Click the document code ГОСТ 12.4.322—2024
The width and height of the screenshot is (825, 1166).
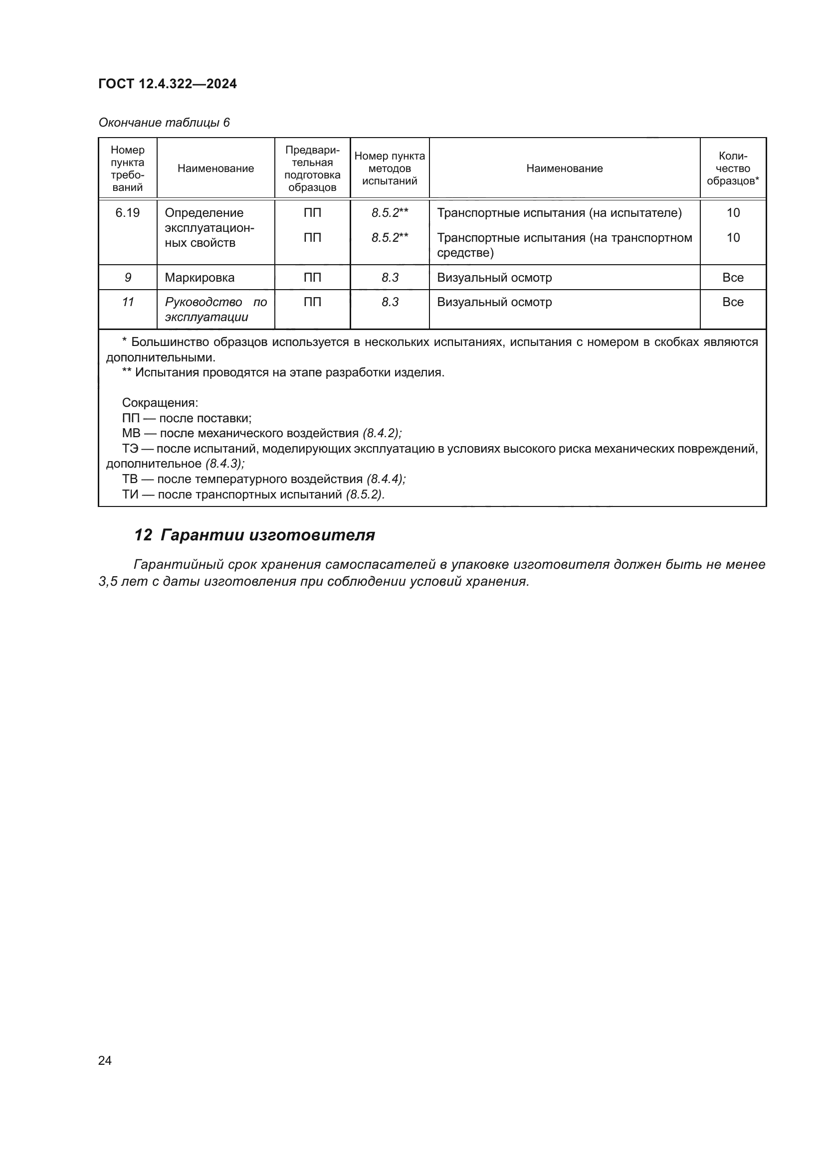click(167, 84)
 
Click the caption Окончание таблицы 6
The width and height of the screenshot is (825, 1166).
click(164, 123)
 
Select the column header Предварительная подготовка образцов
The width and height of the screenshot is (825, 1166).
click(312, 168)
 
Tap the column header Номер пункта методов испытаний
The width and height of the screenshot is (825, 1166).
click(389, 168)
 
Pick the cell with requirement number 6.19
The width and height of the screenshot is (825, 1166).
click(128, 213)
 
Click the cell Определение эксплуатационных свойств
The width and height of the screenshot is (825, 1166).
click(209, 227)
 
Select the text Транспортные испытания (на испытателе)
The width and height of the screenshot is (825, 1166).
click(559, 213)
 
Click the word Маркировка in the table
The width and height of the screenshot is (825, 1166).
click(199, 278)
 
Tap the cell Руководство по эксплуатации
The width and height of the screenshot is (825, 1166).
click(215, 309)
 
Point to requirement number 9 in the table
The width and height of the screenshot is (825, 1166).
click(128, 278)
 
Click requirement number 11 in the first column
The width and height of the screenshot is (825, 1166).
click(128, 302)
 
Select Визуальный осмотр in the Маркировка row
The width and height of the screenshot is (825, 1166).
click(494, 278)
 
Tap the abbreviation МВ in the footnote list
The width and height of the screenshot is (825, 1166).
click(131, 433)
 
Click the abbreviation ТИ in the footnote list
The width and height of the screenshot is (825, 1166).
click(130, 494)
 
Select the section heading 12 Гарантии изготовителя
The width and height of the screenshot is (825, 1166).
click(254, 535)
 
